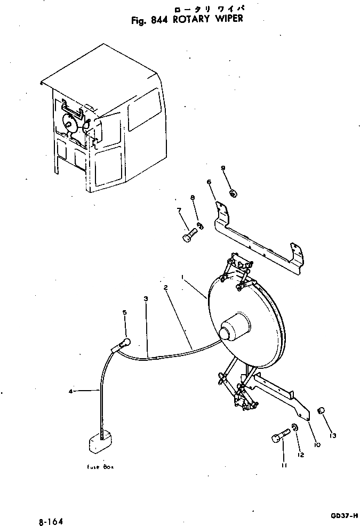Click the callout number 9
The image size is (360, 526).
[x=223, y=168]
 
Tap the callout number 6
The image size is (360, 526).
[x=209, y=182]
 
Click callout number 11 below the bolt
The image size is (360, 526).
[x=284, y=465]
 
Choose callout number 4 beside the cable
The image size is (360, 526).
[x=70, y=392]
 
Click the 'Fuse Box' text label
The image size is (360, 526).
[x=101, y=467]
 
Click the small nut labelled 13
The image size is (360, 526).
[x=322, y=410]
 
